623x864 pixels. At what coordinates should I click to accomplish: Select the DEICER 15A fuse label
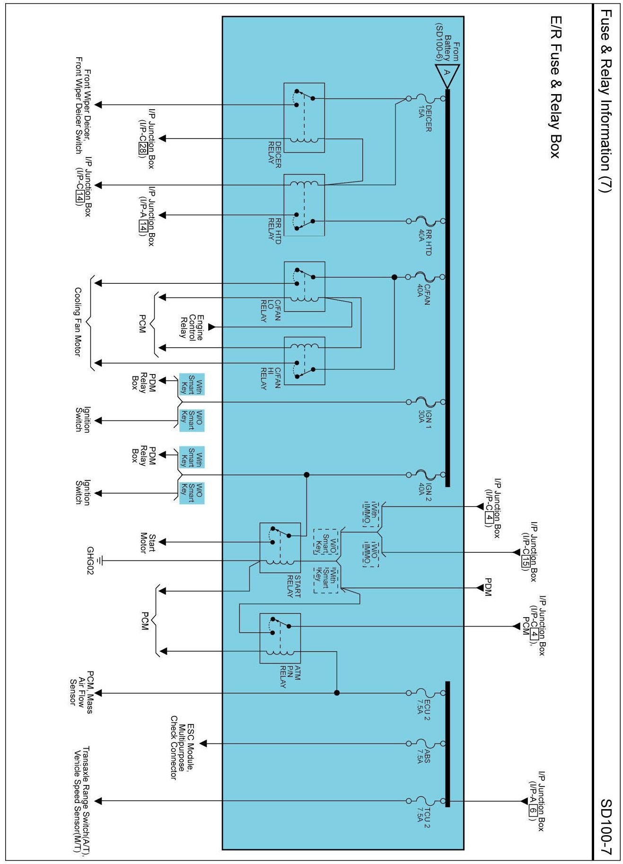coord(424,118)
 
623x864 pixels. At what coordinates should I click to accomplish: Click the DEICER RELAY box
coord(304,118)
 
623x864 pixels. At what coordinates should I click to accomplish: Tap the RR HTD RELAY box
coord(304,205)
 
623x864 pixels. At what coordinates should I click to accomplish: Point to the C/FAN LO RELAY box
coord(305,287)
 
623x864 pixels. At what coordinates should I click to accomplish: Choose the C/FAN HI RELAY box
coord(305,361)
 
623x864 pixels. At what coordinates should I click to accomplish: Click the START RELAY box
coord(280,548)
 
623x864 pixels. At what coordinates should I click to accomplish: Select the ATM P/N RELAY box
coord(280,638)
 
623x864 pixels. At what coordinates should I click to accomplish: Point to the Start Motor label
coord(147,543)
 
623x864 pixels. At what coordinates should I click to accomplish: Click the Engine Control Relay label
coord(192,327)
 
